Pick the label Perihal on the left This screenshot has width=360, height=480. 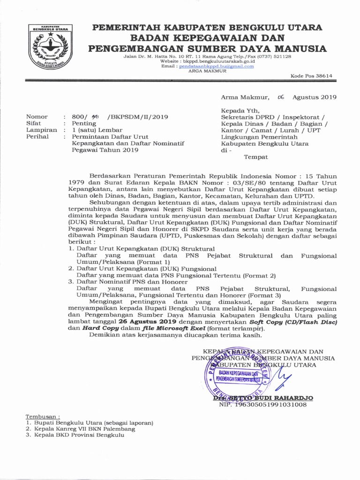38,136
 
